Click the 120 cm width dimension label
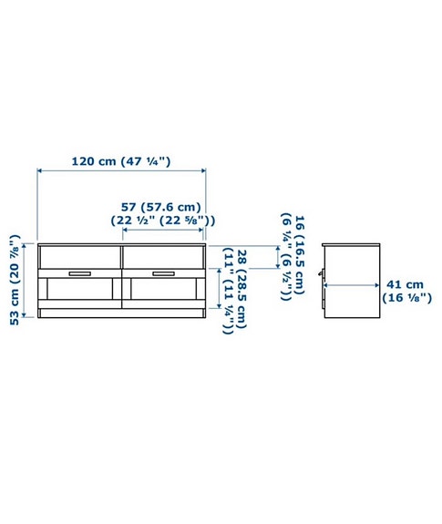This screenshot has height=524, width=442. point(122,161)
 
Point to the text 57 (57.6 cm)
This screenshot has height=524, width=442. point(161,206)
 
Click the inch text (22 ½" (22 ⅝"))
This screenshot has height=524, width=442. point(161,221)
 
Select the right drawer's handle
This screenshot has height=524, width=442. point(163,272)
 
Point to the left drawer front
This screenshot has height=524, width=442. point(80,265)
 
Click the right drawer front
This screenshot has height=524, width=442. point(163,265)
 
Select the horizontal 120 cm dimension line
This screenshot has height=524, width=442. point(121,170)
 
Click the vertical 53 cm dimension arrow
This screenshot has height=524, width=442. point(28,281)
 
